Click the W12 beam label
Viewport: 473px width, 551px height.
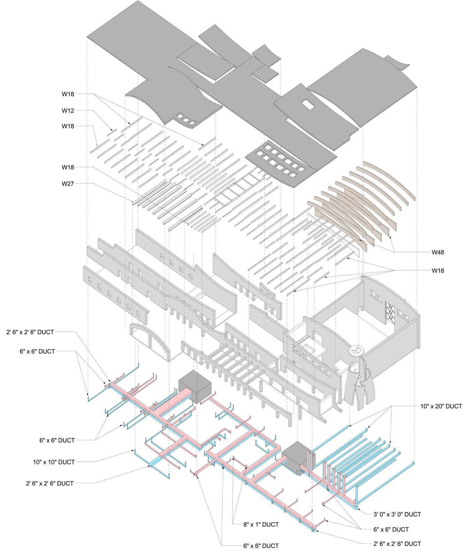[x=68, y=111]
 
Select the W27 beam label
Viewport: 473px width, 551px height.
[x=68, y=184]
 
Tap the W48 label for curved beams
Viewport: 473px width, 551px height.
[x=438, y=252]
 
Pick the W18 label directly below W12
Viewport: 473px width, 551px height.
[x=68, y=126]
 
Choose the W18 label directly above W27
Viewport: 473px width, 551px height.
[x=68, y=167]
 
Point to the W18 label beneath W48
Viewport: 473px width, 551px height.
[x=438, y=270]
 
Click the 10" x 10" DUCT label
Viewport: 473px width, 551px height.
[x=54, y=462]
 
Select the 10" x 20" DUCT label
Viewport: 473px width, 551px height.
[x=441, y=406]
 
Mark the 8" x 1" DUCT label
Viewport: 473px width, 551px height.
[x=261, y=524]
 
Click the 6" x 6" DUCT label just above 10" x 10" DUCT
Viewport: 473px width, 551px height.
[x=57, y=440]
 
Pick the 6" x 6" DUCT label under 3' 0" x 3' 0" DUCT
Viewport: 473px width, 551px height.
[x=391, y=529]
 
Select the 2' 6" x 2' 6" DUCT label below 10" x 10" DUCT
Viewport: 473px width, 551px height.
[x=49, y=483]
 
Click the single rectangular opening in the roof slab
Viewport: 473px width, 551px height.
[x=307, y=104]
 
